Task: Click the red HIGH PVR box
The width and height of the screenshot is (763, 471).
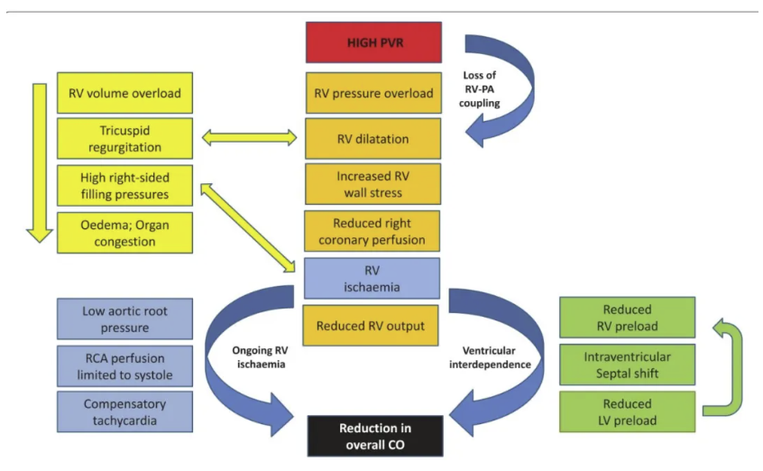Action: click(372, 42)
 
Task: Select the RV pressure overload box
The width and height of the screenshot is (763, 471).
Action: click(372, 93)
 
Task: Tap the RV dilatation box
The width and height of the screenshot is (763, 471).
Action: click(372, 139)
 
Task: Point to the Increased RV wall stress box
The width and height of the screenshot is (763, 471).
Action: click(372, 185)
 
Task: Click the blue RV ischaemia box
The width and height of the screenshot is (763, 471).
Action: click(372, 279)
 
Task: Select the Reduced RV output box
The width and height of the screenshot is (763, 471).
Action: click(372, 326)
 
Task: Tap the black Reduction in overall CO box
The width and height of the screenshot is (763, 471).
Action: click(372, 436)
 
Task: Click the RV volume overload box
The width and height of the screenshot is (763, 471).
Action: click(124, 93)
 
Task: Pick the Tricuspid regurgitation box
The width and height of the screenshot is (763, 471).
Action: click(124, 139)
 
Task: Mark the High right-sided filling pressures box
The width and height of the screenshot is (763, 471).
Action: click(124, 185)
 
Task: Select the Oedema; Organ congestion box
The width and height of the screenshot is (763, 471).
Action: click(124, 232)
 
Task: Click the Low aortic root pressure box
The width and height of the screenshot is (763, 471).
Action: click(124, 319)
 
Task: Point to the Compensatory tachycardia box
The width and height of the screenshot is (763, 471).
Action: click(124, 411)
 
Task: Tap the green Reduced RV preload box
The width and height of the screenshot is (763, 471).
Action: click(629, 319)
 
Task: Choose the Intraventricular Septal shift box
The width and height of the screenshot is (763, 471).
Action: click(629, 365)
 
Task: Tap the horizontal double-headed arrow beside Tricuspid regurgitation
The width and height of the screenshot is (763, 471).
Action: click(248, 139)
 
